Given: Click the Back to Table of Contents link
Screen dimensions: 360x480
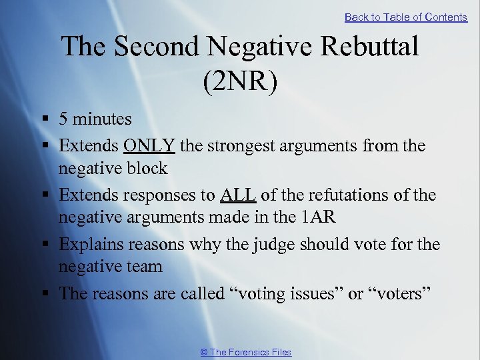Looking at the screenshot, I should tap(405, 17).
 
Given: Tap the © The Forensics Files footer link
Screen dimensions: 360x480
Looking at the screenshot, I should tap(246, 352).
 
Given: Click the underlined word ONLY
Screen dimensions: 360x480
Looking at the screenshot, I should tap(149, 145).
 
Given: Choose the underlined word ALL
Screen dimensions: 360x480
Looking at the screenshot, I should tap(237, 195).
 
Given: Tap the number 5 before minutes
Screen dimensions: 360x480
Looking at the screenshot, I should tap(63, 119).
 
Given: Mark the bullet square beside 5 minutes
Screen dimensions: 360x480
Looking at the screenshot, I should tap(45, 120).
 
